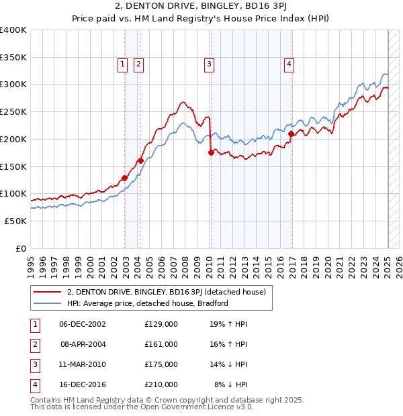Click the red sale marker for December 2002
coord(125,178)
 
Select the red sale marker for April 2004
coord(140,160)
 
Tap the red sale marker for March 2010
coord(211,152)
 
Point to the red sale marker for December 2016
coord(292,134)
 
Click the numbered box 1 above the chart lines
coord(123,64)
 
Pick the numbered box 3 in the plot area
coord(210,64)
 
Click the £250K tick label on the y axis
coord(13,111)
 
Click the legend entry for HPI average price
coord(148,303)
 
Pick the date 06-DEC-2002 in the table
coord(83,324)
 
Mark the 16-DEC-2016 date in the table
coord(83,384)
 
